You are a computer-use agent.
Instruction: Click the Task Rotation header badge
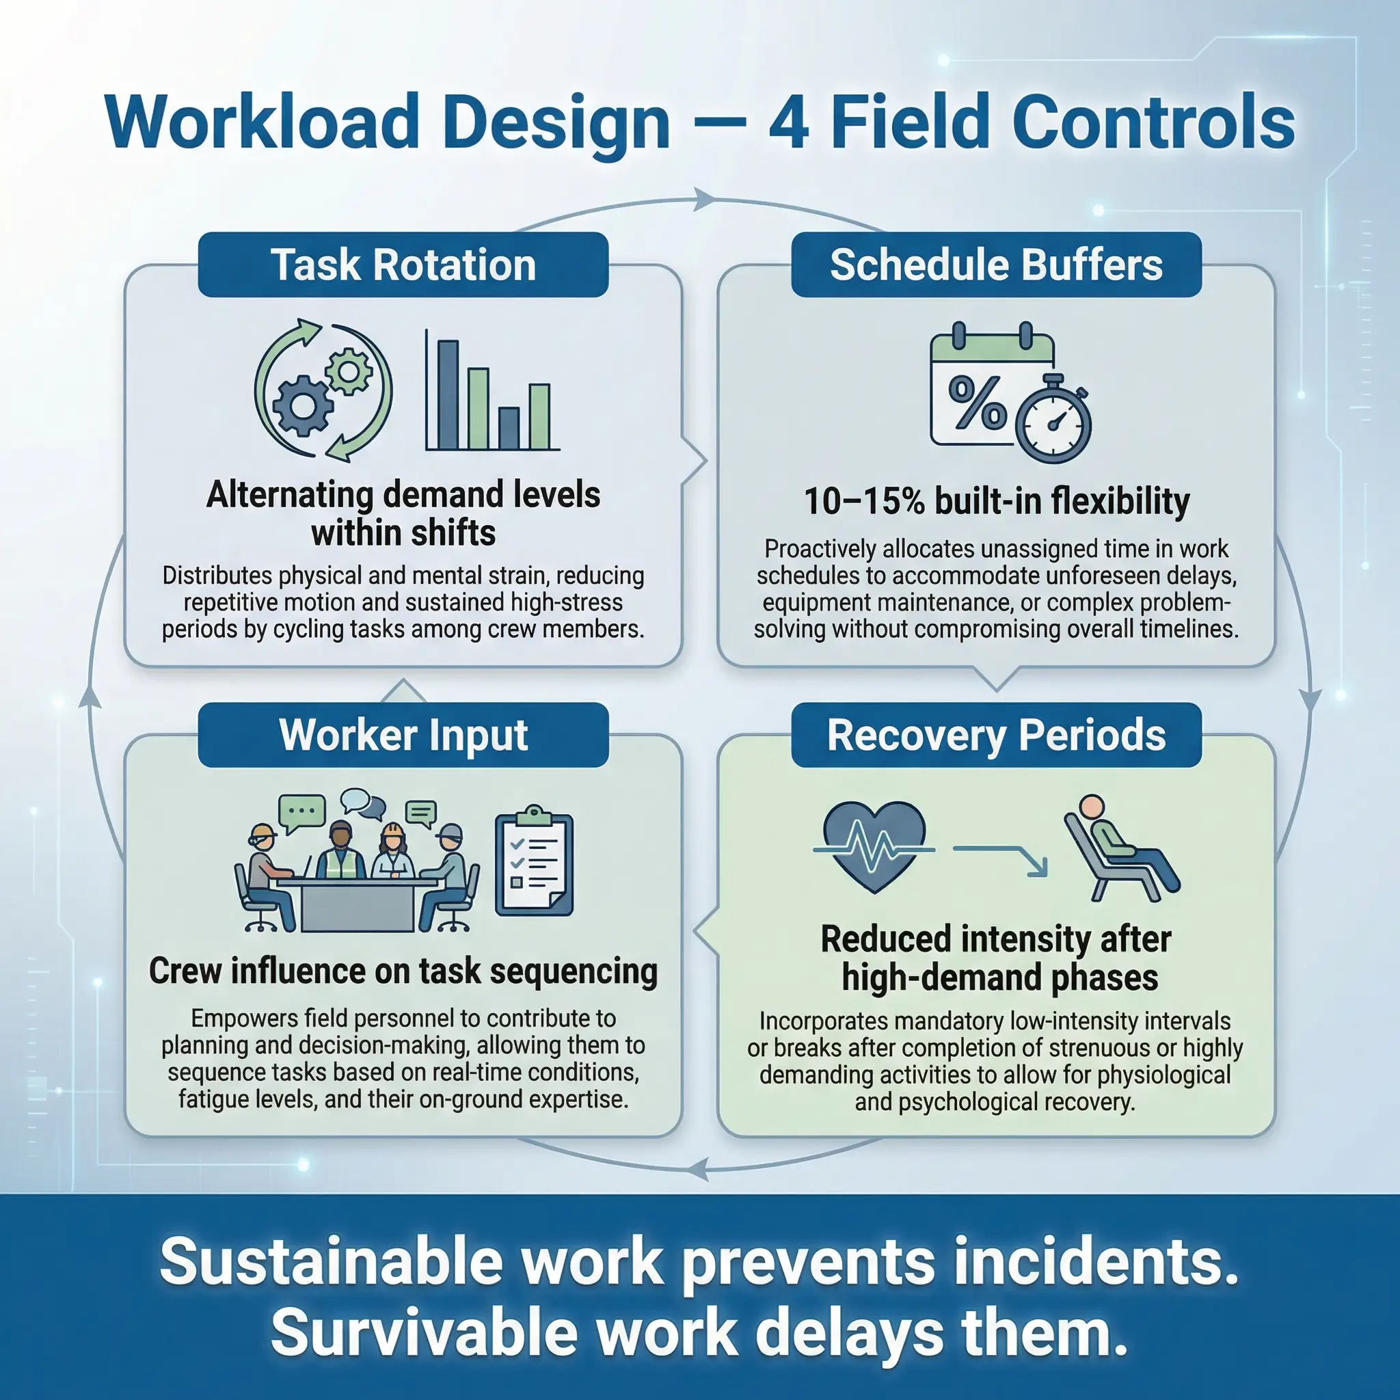[x=403, y=265]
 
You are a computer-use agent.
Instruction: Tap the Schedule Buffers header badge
[x=997, y=265]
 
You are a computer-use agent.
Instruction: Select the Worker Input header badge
[x=403, y=735]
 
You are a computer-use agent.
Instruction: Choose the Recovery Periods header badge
[x=997, y=735]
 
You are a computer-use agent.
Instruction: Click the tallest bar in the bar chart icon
[x=448, y=395]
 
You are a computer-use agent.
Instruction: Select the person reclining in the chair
[x=1120, y=848]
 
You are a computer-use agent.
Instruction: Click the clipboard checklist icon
[x=534, y=860]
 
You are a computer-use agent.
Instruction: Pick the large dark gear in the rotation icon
[x=303, y=406]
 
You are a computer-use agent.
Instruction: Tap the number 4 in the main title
[x=789, y=122]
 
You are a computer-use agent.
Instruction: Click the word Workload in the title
[x=262, y=122]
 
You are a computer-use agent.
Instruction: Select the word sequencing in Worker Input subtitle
[x=574, y=973]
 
